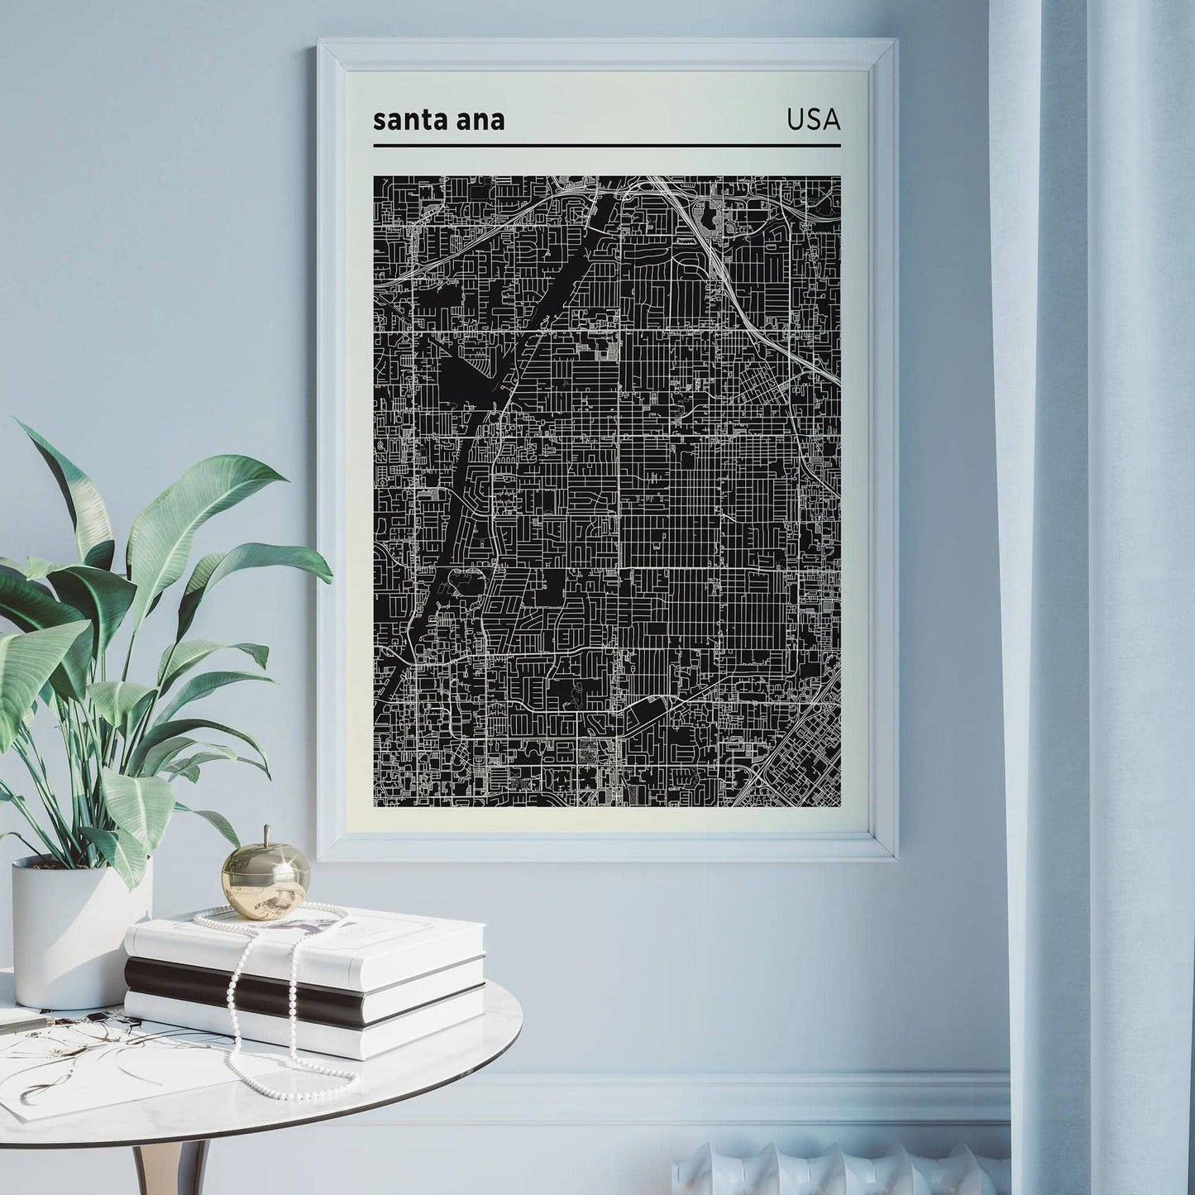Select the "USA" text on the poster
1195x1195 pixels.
813,120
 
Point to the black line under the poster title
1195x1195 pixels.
606,146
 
